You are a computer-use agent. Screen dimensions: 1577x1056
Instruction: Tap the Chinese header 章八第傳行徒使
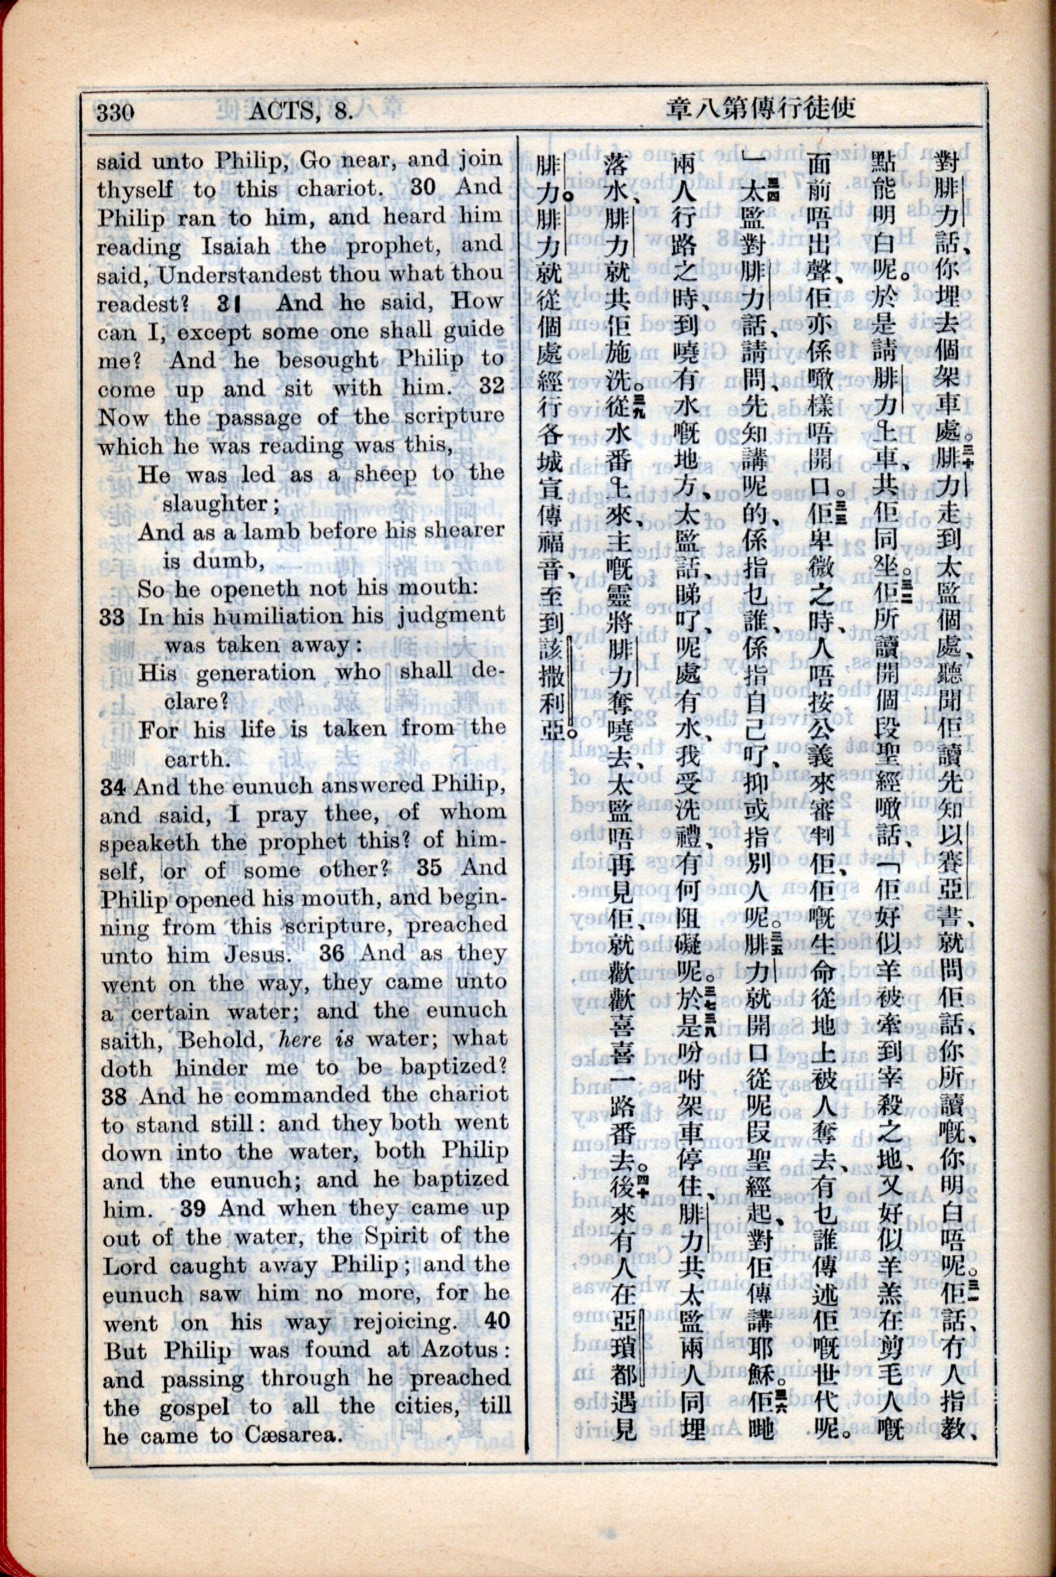pos(761,108)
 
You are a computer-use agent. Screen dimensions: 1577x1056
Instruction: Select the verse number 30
pos(424,187)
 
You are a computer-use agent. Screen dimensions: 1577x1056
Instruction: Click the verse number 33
pos(113,616)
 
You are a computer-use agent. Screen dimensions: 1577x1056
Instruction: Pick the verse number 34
pos(113,787)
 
